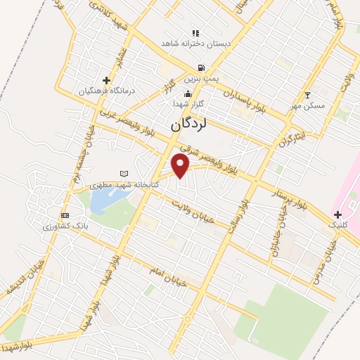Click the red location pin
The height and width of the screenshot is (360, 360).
(x=181, y=165)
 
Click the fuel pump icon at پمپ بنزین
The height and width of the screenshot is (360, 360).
(x=202, y=68)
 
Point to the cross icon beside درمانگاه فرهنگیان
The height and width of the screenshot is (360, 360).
(x=106, y=80)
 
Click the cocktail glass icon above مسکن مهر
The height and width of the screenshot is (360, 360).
(x=307, y=94)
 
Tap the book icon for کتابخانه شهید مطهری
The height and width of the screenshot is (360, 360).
(x=125, y=174)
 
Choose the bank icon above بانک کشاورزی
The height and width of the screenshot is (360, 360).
(x=65, y=215)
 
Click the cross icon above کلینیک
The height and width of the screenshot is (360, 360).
(x=337, y=214)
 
